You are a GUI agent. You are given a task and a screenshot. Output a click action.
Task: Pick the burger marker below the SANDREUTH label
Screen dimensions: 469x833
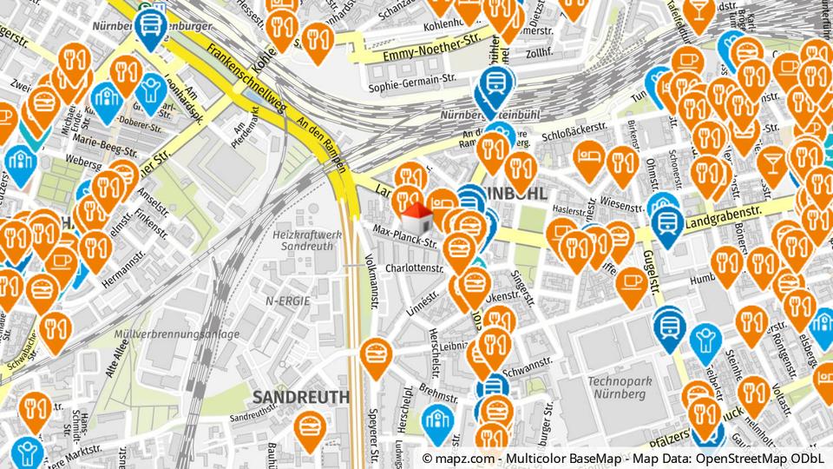pyautogui.click(x=310, y=426)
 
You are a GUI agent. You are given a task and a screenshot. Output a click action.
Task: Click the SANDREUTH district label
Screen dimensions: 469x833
pyautogui.click(x=300, y=397)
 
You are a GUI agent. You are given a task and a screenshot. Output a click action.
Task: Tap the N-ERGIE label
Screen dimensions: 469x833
pyautogui.click(x=288, y=300)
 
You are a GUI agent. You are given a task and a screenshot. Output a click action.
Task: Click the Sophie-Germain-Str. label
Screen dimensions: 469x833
pyautogui.click(x=412, y=86)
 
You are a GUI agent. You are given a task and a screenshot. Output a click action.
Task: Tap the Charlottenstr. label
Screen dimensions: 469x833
pyautogui.click(x=415, y=268)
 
